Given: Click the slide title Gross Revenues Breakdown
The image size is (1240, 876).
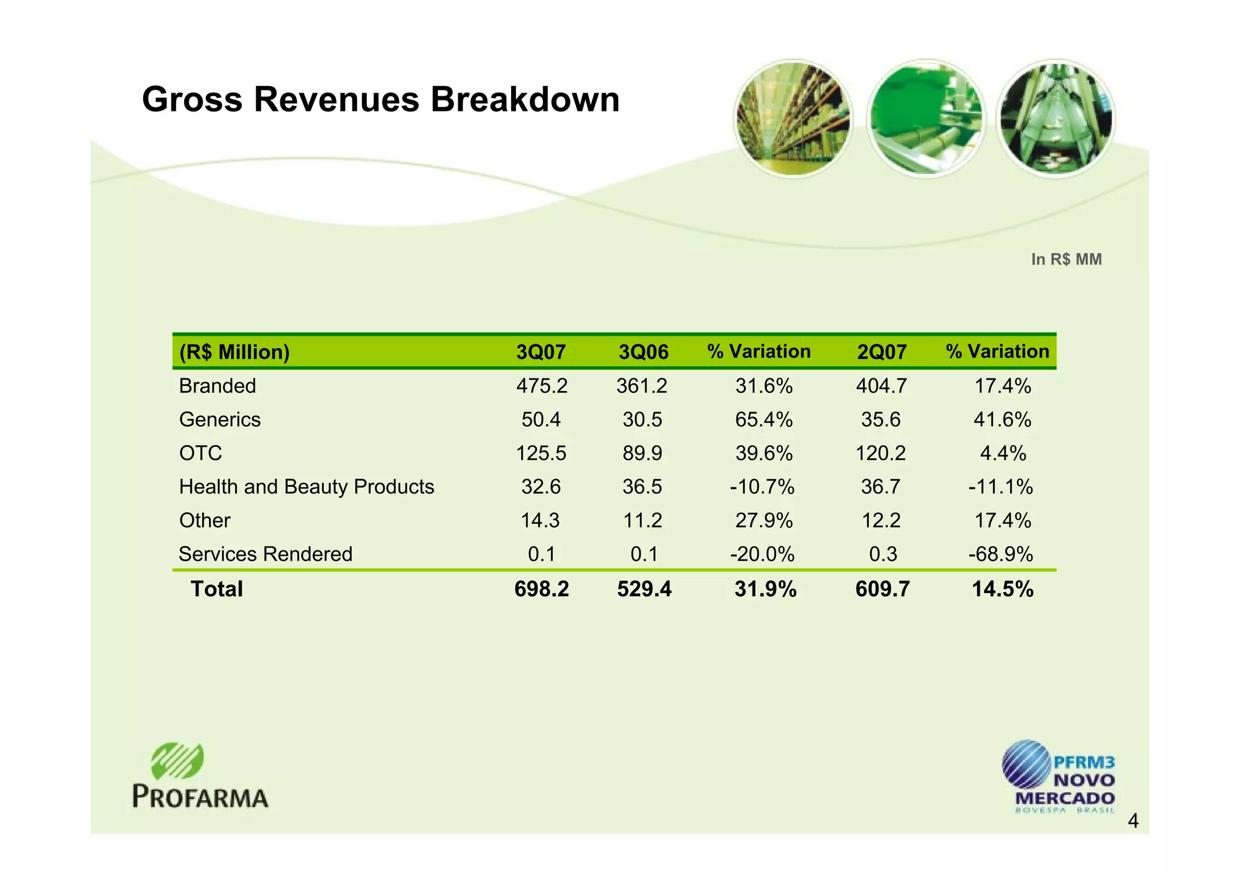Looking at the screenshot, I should (380, 99).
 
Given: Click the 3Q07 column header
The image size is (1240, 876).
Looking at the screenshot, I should (541, 352).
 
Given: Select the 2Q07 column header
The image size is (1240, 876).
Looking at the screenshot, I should (882, 352).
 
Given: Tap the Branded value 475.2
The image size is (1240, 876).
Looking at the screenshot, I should (541, 386).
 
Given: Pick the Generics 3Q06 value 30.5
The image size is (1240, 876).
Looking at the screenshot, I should (642, 420).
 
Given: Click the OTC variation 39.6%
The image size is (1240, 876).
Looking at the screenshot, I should (763, 453).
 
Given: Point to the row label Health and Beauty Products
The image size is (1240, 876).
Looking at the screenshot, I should (306, 487).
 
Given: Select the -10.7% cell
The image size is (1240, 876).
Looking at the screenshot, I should (762, 487).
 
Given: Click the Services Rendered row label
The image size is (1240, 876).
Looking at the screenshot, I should (265, 554).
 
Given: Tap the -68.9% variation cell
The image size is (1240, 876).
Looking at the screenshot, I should (1000, 554).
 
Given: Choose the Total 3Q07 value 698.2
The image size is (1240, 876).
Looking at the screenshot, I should (541, 589).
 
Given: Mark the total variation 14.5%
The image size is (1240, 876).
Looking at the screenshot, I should (1002, 589).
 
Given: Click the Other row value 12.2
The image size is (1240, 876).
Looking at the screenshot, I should (881, 521).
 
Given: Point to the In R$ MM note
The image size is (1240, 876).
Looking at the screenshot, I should (1066, 259).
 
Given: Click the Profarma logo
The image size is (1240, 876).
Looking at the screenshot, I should (200, 776).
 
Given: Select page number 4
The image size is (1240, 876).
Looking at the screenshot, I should (1133, 822).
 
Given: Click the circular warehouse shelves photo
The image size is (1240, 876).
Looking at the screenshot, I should (793, 119).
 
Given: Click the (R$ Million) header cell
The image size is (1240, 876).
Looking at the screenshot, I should (234, 352).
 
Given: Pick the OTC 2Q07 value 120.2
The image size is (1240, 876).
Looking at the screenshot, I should (880, 453).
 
